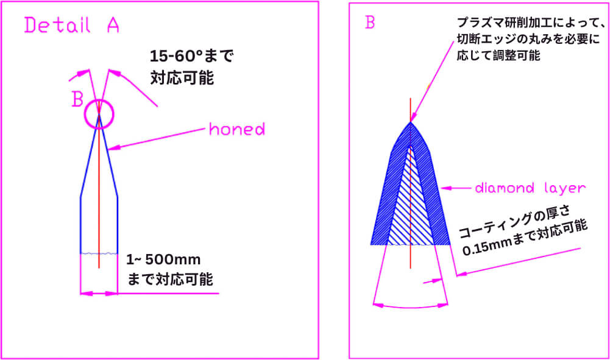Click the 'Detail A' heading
click(71, 25)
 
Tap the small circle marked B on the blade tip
click(85, 115)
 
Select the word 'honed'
click(237, 129)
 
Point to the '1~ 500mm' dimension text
click(163, 259)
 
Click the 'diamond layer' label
click(530, 188)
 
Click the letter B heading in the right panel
click(370, 22)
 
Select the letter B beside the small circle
click(78, 99)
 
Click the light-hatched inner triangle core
click(411, 206)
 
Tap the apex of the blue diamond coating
click(411, 122)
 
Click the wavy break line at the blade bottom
click(99, 253)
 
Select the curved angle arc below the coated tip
click(411, 308)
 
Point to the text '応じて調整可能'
click(498, 55)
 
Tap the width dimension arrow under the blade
click(99, 294)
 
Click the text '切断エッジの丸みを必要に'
click(528, 39)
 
